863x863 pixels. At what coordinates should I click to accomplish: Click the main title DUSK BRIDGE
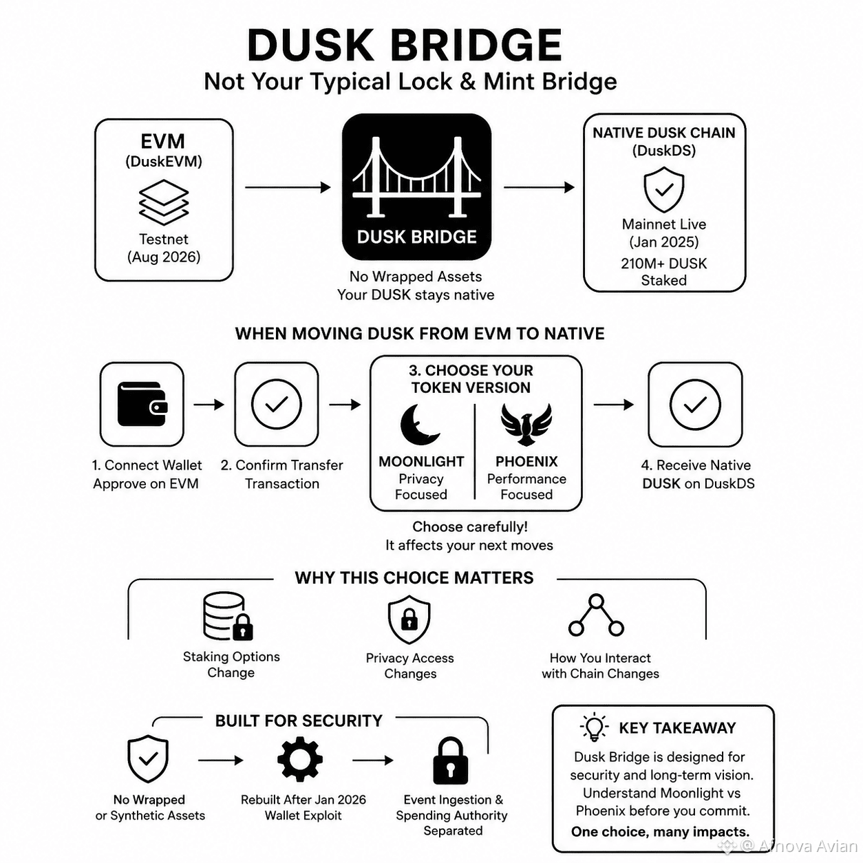(405, 45)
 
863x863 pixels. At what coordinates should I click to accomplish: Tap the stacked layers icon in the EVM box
(164, 202)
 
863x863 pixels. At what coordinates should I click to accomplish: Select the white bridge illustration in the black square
(416, 177)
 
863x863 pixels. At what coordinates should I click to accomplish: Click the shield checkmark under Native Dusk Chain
(663, 189)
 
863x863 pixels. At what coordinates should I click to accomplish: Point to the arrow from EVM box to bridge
(288, 187)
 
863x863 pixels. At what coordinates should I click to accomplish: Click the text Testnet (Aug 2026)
(164, 248)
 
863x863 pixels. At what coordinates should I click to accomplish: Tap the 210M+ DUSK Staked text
(663, 272)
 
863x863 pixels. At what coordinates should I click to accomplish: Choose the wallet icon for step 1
(142, 404)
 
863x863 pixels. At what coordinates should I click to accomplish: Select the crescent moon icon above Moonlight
(418, 425)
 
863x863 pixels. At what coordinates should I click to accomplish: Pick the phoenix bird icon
(526, 424)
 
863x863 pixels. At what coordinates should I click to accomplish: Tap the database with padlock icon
(228, 617)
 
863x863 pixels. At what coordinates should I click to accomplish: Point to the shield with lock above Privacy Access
(409, 619)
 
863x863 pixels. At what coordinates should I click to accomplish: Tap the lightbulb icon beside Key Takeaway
(594, 727)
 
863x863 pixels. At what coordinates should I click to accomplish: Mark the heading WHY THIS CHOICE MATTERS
(414, 577)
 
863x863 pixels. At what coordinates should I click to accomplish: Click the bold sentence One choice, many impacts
(661, 831)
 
